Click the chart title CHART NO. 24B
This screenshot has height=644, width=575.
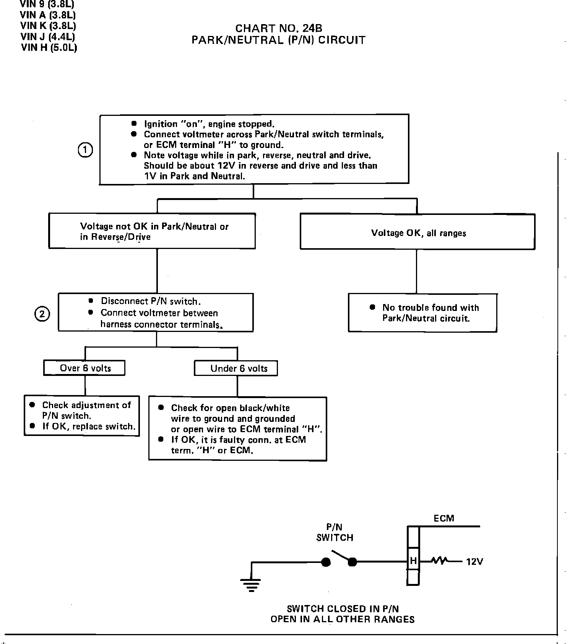click(278, 28)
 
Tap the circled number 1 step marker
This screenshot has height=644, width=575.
click(85, 150)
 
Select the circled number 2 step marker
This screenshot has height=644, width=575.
click(42, 314)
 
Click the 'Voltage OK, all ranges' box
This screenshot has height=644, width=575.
click(417, 233)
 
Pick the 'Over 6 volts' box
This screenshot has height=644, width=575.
click(84, 368)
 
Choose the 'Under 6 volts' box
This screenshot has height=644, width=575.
click(236, 369)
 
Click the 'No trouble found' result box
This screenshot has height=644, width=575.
click(422, 313)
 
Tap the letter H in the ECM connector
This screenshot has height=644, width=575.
click(413, 561)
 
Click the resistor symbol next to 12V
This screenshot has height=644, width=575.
click(439, 561)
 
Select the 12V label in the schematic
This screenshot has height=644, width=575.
click(474, 562)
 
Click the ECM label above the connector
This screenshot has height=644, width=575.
click(444, 519)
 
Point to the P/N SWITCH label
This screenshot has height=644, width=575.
click(335, 532)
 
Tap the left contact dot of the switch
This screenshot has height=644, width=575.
click(326, 562)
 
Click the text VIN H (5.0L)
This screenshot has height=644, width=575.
click(49, 47)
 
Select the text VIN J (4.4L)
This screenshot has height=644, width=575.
click(48, 37)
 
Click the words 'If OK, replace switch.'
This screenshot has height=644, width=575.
click(89, 426)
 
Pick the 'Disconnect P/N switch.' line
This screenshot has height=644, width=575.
click(151, 301)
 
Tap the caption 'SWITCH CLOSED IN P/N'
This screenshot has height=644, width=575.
click(343, 608)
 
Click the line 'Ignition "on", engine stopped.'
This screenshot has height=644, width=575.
click(209, 124)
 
